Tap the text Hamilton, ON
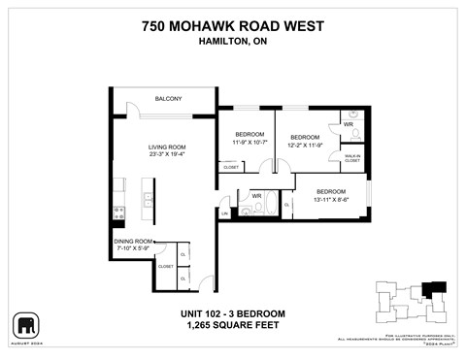point(232,42)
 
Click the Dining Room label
point(133,241)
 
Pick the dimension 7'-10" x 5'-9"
point(133,248)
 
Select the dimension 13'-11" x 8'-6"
point(331,198)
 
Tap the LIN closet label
point(224,213)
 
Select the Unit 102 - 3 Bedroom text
point(232,312)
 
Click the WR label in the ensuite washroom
point(349,124)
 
